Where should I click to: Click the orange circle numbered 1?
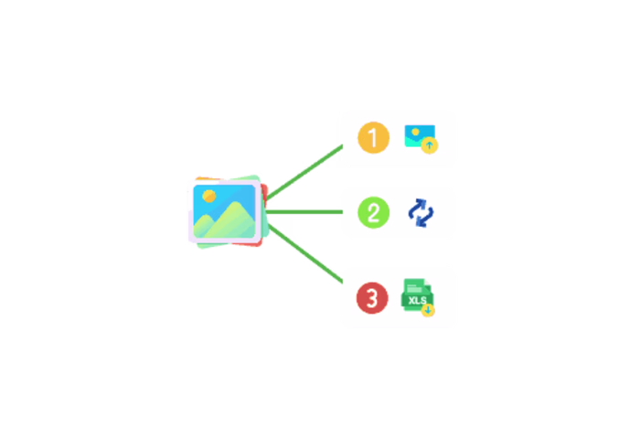click(373, 137)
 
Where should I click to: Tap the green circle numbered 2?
click(373, 212)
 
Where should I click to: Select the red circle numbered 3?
click(372, 298)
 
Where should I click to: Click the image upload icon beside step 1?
click(421, 139)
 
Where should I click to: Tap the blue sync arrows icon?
click(421, 213)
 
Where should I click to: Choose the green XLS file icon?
click(418, 297)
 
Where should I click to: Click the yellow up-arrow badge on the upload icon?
click(430, 145)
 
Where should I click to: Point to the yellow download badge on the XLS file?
click(428, 311)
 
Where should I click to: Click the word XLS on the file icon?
click(417, 301)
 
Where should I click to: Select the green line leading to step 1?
click(304, 172)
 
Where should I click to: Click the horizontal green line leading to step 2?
click(304, 212)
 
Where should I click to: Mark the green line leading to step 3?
click(305, 253)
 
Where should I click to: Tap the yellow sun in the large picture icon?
click(209, 196)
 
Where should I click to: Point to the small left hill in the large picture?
click(204, 227)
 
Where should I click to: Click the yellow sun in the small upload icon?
click(415, 132)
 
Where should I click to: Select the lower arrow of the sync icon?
click(425, 218)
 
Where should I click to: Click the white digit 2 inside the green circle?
click(373, 213)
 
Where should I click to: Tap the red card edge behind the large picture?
click(264, 194)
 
